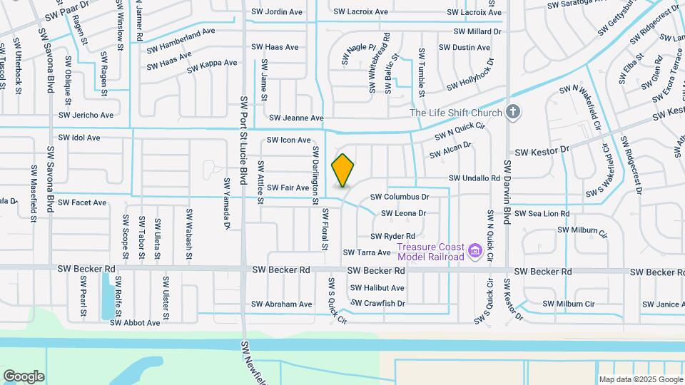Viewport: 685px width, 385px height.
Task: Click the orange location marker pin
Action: (x=343, y=170)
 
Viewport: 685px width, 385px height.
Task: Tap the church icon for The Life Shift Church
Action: (x=512, y=111)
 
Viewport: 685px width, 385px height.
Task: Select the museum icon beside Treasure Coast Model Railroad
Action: (x=475, y=251)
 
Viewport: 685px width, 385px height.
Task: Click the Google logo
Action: (x=24, y=376)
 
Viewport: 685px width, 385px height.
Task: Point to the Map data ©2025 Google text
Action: (x=640, y=379)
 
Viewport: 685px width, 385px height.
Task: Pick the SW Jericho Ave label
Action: (x=86, y=115)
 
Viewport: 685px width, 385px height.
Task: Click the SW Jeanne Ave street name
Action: (x=296, y=118)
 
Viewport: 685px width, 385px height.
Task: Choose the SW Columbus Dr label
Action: (x=400, y=197)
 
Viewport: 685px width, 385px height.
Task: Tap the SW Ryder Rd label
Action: (x=392, y=236)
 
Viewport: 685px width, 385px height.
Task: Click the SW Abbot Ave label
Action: (x=135, y=322)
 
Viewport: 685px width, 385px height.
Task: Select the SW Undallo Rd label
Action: (x=474, y=178)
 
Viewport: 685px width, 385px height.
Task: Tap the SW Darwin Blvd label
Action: (x=508, y=192)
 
